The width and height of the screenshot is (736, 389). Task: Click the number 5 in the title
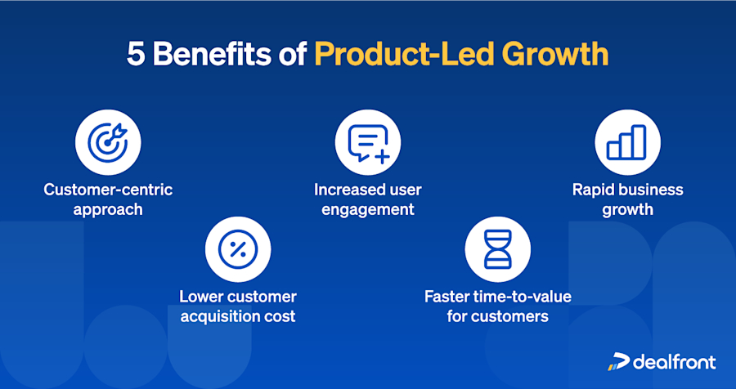coord(135,55)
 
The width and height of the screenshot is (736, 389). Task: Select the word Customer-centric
coord(108,190)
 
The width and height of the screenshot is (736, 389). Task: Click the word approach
coord(108,209)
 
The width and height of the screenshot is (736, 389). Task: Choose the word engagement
coord(368,209)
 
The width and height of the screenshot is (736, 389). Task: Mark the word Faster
coord(447,297)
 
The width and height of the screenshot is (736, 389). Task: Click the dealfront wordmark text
coord(675,361)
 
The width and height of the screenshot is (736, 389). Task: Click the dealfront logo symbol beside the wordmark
coord(618,361)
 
